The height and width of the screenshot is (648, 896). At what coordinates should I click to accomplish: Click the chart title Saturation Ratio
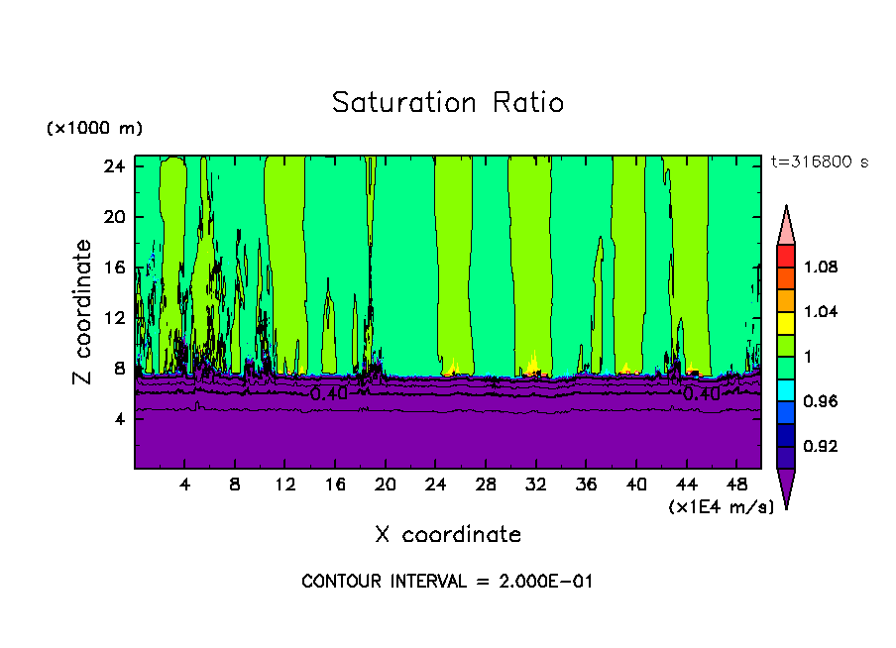point(447,102)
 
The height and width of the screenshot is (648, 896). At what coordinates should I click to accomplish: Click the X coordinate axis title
point(448,535)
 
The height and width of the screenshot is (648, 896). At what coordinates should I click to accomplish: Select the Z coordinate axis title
point(85,312)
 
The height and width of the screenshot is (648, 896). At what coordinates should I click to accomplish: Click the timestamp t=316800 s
point(819,162)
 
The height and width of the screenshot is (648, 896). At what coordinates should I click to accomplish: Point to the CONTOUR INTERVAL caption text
point(447,582)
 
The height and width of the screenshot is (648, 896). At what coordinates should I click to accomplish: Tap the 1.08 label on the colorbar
point(820,267)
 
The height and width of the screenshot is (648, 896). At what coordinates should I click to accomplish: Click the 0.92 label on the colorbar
point(820,446)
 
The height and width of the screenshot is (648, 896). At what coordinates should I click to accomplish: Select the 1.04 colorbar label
point(820,311)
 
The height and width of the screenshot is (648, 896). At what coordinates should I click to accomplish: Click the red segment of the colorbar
point(786,255)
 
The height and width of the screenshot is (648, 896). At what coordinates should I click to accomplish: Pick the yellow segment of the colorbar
point(786,321)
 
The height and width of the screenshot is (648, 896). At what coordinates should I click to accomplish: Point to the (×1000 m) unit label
point(94,129)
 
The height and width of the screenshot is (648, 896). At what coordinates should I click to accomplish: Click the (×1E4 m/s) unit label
point(721,507)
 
